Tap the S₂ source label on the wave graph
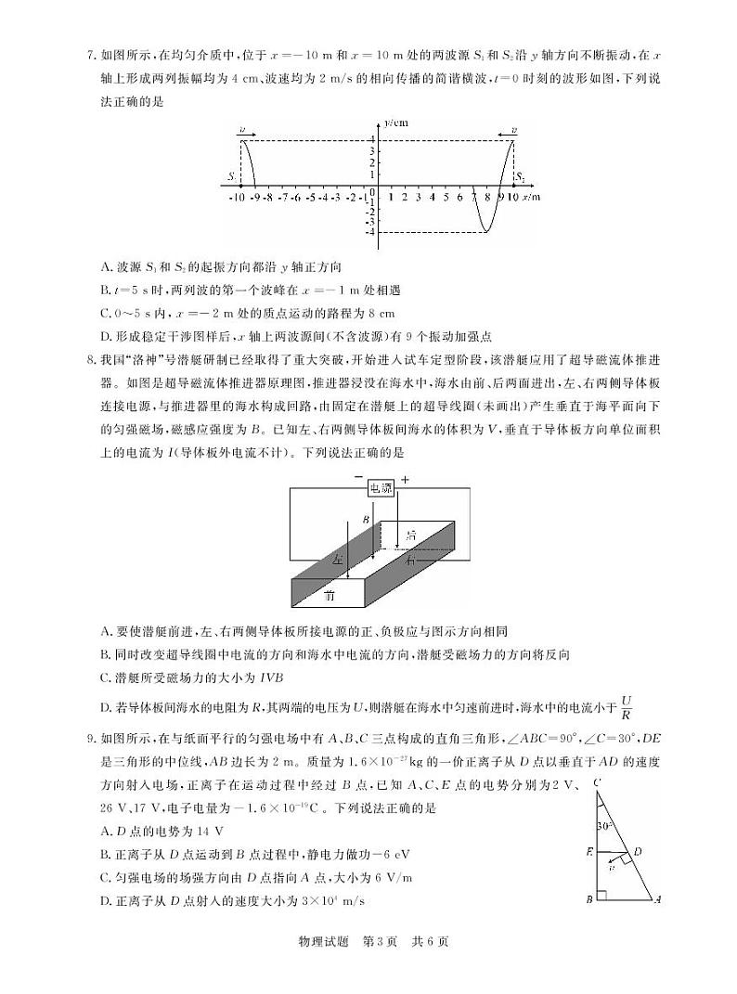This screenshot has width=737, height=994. [521, 176]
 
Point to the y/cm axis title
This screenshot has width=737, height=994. [396, 122]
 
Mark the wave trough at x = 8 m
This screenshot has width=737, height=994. [486, 231]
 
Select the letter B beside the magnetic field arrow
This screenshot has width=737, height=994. [366, 519]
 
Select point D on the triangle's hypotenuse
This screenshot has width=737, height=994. [638, 850]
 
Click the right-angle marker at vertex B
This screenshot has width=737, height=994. [601, 895]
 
